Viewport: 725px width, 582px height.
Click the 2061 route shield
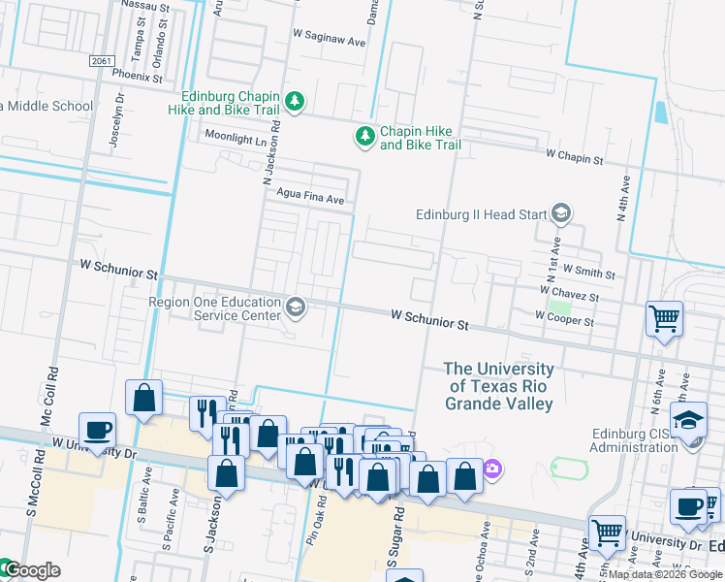pyautogui.click(x=100, y=61)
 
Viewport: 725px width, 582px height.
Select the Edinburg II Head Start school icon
pyautogui.click(x=560, y=213)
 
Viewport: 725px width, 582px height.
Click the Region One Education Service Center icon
pyautogui.click(x=296, y=308)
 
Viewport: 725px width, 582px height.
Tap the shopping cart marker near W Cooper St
pyautogui.click(x=665, y=317)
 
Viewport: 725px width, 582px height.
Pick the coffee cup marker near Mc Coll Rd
pyautogui.click(x=98, y=429)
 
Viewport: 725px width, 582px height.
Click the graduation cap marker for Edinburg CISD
pyautogui.click(x=688, y=421)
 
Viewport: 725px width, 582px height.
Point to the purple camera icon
pyautogui.click(x=492, y=469)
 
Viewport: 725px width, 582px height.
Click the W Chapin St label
pyautogui.click(x=575, y=155)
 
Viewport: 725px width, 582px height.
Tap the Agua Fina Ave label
pyautogui.click(x=311, y=199)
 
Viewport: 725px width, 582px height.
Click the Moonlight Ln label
pyautogui.click(x=234, y=139)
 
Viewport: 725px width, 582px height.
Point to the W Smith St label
pyautogui.click(x=588, y=274)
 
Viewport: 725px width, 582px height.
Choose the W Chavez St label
pyautogui.click(x=570, y=293)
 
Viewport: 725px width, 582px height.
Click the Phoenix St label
pyautogui.click(x=137, y=74)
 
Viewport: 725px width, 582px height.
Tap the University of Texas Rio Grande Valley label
pyautogui.click(x=499, y=386)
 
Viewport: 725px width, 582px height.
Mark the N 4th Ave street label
pyautogui.click(x=623, y=199)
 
